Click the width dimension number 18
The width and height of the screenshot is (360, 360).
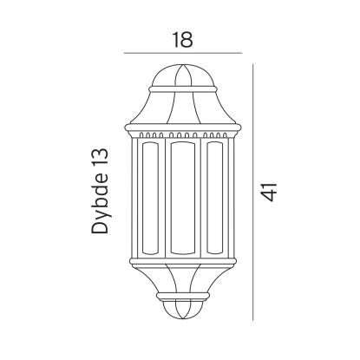click(183, 40)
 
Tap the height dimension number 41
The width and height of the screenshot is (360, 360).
click(270, 192)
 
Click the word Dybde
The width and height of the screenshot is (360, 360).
click(100, 205)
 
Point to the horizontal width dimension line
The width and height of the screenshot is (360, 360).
click(183, 53)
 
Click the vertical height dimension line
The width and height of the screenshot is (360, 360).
click(253, 193)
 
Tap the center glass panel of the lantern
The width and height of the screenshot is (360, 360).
click(183, 198)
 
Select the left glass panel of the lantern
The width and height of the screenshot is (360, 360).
click(150, 198)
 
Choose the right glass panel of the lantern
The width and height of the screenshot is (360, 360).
click(215, 198)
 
